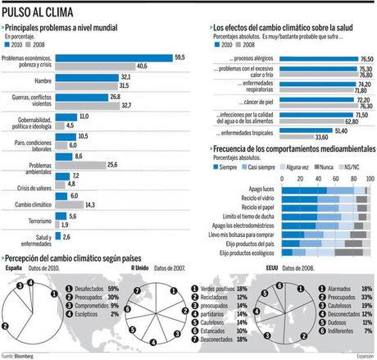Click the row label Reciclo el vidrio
tap(254, 198)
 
